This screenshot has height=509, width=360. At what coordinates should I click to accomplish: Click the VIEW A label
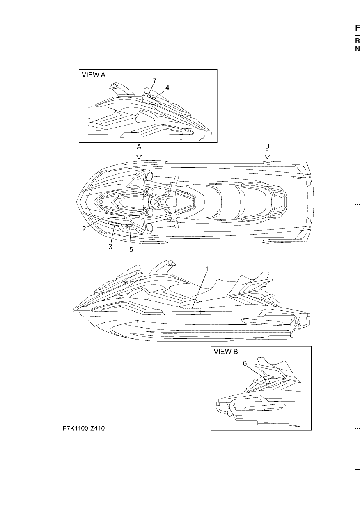click(94, 75)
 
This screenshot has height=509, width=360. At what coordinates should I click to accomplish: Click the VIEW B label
click(226, 352)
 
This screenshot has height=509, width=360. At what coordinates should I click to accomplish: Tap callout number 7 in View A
click(155, 80)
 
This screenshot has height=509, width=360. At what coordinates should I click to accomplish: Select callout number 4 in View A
click(167, 88)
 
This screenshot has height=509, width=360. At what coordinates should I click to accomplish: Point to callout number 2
click(84, 229)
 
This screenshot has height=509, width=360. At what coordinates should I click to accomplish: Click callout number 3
click(110, 247)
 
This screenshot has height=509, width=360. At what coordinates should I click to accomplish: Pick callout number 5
click(131, 249)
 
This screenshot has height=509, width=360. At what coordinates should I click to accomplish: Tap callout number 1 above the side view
click(207, 269)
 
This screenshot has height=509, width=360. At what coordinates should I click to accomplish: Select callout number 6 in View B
click(245, 363)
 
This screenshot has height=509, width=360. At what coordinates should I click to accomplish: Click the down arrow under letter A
click(139, 155)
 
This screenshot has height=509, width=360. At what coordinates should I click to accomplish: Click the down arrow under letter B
click(267, 155)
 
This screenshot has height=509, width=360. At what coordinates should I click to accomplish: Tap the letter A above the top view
click(139, 146)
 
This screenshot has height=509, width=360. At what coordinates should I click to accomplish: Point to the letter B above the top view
click(268, 146)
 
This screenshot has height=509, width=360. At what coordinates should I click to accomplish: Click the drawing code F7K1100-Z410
click(84, 429)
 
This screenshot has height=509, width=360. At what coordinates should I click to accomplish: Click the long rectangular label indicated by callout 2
click(115, 216)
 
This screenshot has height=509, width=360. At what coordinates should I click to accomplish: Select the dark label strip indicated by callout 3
click(115, 224)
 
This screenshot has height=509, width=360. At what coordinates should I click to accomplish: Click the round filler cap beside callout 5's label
click(124, 227)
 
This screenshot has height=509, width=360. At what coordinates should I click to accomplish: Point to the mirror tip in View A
click(112, 87)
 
